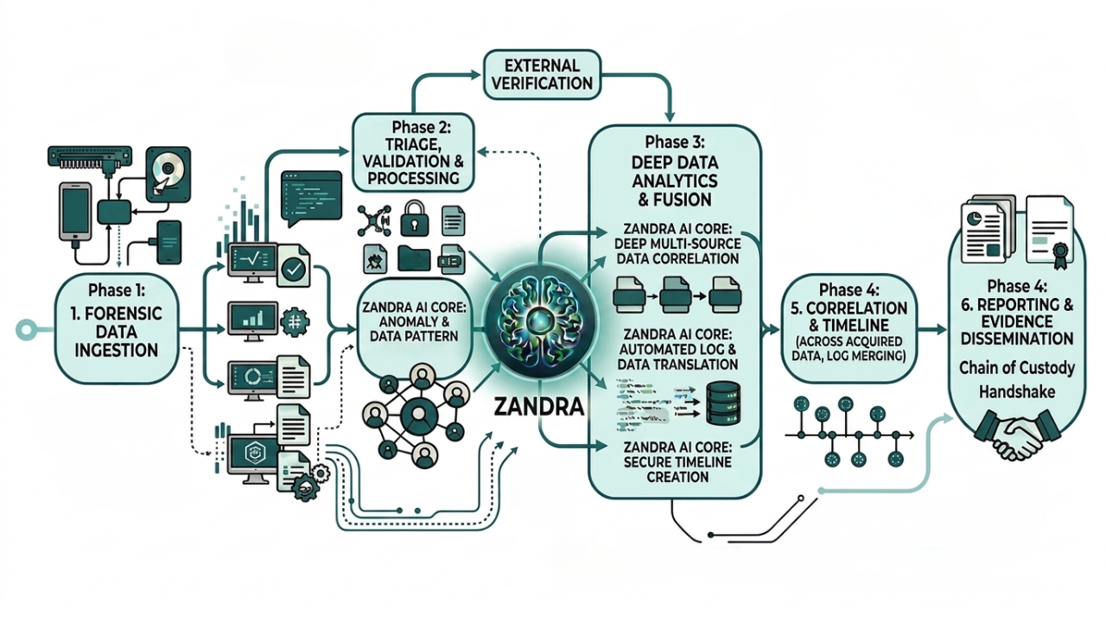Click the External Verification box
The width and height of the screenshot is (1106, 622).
point(542,74)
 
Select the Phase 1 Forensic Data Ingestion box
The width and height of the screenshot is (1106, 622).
point(117,328)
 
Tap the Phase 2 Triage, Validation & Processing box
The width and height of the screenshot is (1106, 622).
point(414,153)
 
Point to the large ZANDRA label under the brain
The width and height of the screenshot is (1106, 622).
point(538,407)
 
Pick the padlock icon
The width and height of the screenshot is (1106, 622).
point(414,218)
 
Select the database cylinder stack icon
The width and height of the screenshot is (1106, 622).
point(723,403)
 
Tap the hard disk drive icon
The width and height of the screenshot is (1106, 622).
point(168,174)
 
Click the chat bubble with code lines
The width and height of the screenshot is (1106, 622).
point(311,198)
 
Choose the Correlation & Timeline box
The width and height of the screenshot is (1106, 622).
point(849,327)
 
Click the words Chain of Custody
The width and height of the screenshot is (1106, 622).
point(1017,368)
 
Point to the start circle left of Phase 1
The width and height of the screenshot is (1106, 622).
point(26,329)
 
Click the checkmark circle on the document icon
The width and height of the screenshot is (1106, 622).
point(295,269)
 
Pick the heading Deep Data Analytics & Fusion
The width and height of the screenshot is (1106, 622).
point(675,181)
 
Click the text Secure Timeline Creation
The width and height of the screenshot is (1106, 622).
point(677,462)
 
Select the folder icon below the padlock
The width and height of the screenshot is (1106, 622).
point(414,258)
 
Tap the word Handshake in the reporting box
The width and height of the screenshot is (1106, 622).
point(1017,392)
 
